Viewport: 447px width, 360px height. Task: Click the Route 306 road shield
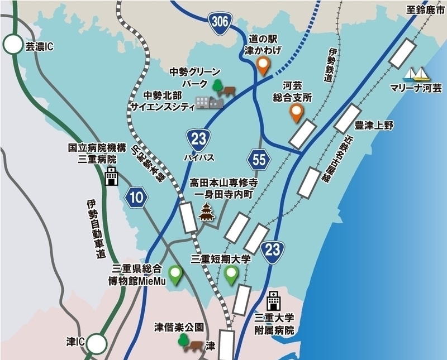point(219,22)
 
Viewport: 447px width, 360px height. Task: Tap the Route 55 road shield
point(259,160)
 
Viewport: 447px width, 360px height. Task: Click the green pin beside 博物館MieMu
point(177,275)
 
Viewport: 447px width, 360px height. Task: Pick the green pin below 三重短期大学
point(231,275)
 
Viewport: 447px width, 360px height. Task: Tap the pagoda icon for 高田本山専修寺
point(207,213)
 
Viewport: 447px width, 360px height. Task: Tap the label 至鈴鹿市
point(427,9)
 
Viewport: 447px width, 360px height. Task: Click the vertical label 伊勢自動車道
point(92,229)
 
